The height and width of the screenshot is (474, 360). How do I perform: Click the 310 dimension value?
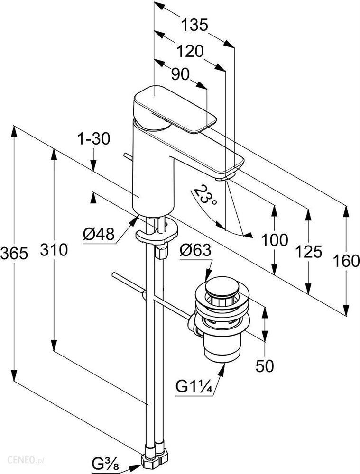[53, 249]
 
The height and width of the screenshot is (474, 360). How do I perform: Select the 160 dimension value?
[346, 260]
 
